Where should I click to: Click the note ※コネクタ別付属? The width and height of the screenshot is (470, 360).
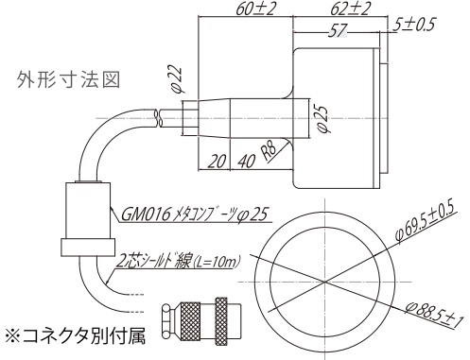75,335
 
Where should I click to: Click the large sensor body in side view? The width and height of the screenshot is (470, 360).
340,113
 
